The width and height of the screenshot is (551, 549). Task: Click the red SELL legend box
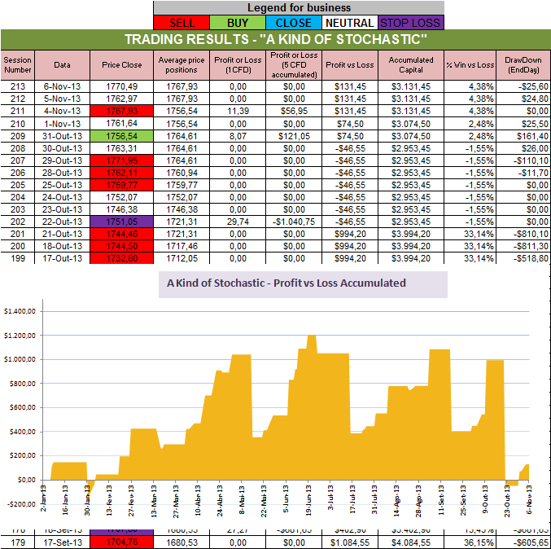tap(181, 23)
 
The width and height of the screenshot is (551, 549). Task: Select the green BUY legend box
tap(238, 23)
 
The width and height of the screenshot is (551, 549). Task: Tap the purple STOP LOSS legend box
tap(411, 23)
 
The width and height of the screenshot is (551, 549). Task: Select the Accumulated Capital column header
tap(411, 64)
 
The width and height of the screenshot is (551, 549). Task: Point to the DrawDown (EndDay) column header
tap(522, 64)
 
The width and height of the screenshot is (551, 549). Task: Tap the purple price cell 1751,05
tap(122, 221)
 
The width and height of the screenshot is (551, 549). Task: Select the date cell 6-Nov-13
tap(63, 86)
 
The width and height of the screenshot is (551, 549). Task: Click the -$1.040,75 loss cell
tap(294, 221)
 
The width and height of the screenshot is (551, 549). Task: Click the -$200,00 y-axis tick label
tap(21, 504)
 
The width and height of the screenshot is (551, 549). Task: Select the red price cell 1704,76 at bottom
tap(122, 542)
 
